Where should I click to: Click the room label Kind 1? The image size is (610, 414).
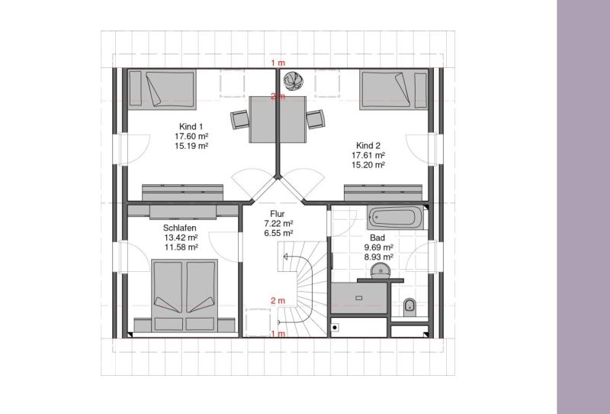[x=191, y=126]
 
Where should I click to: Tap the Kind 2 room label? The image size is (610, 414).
[x=368, y=145]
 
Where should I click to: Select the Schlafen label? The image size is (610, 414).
[x=180, y=228]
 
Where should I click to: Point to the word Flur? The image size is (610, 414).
[x=278, y=214]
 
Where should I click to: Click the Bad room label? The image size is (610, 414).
[x=377, y=238]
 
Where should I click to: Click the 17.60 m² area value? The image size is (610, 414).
[x=191, y=136]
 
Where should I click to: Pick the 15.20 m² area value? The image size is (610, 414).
[x=368, y=165]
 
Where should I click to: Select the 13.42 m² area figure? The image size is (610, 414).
[x=181, y=238]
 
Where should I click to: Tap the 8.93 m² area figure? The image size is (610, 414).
[x=378, y=257]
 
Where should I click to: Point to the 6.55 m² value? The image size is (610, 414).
[x=278, y=233]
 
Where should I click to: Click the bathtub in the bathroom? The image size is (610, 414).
[x=395, y=218]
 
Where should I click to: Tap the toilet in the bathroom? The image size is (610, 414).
[x=409, y=307]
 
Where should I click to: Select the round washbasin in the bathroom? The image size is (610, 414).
[x=380, y=270]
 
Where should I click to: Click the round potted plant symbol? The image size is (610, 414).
[x=293, y=80]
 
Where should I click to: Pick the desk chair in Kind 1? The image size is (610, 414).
[x=239, y=119]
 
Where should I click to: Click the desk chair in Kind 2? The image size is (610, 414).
[x=316, y=119]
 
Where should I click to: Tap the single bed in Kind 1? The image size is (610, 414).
[x=162, y=89]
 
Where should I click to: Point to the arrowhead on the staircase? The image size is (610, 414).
[x=285, y=257]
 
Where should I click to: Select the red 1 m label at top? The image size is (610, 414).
[x=278, y=63]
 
